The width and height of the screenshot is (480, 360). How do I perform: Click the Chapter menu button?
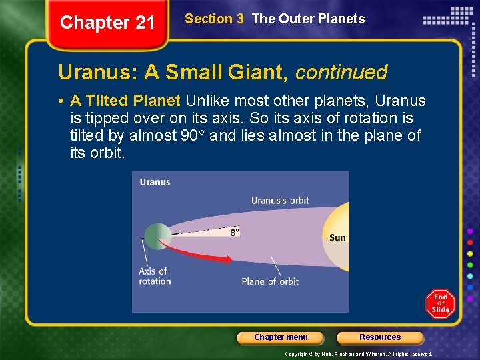click(281, 337)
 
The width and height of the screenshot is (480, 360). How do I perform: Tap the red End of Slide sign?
click(441, 303)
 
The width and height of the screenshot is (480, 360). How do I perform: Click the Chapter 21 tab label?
click(107, 23)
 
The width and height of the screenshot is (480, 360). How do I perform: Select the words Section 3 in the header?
click(214, 19)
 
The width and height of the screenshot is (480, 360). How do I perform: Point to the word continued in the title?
click(341, 72)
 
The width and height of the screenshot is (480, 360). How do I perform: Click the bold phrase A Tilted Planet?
click(125, 101)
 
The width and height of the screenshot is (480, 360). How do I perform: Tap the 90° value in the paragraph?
click(194, 136)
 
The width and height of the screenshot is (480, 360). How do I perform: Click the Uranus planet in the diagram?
click(157, 237)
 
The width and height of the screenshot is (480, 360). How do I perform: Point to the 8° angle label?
click(235, 232)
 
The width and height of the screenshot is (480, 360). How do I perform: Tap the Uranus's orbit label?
click(280, 200)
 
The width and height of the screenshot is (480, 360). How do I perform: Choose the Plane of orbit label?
click(270, 281)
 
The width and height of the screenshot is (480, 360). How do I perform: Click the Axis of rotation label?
click(155, 276)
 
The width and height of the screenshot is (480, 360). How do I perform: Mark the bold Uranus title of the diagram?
click(155, 182)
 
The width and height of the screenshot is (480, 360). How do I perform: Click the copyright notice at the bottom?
click(358, 354)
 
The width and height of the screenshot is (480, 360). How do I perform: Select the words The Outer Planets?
click(308, 19)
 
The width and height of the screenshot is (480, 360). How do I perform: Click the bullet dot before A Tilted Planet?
click(61, 102)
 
